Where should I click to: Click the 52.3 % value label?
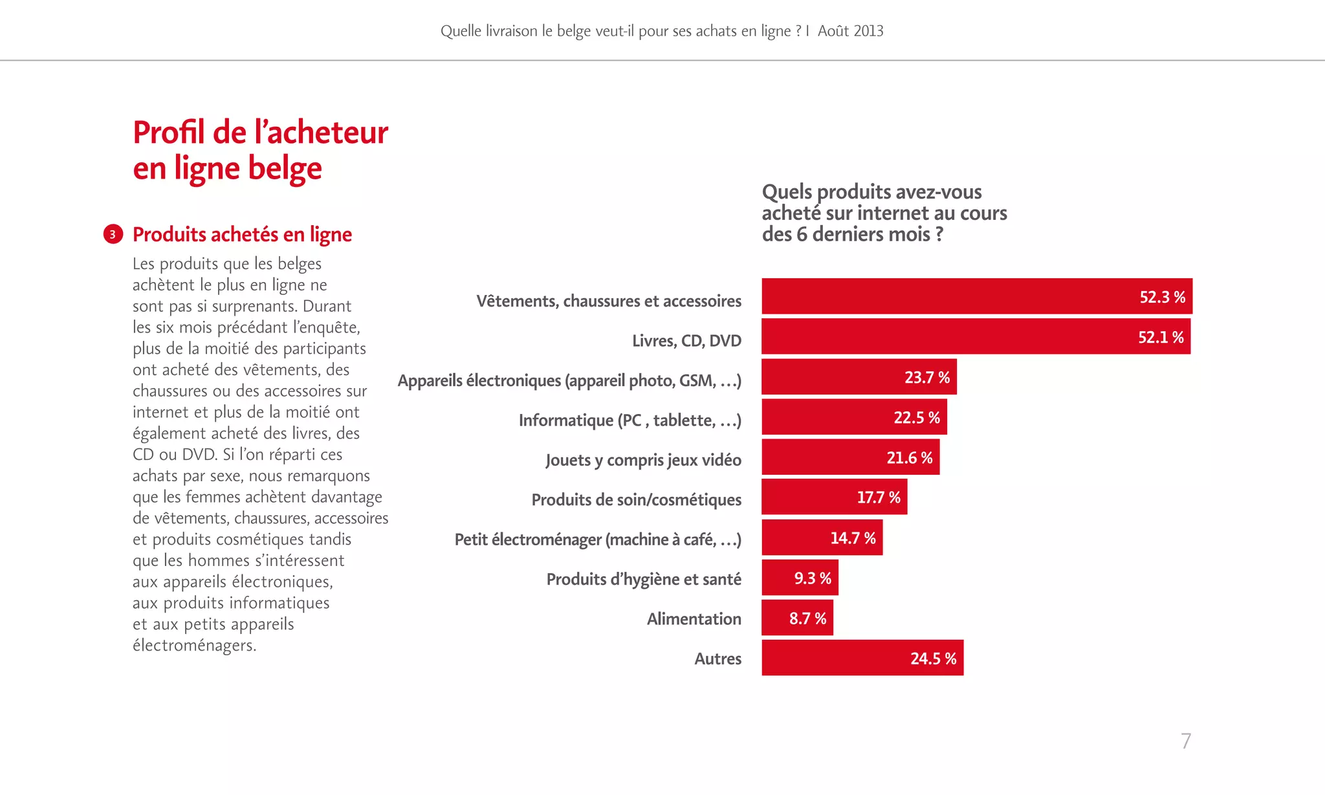coord(1162,297)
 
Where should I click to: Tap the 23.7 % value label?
coord(926,377)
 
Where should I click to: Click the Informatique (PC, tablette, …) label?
coord(630,420)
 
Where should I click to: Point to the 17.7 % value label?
coord(878,497)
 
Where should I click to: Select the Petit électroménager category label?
coord(597,539)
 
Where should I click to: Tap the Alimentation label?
coord(694,619)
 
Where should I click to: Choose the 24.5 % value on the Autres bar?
coord(933,659)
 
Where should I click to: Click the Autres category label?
coord(717,659)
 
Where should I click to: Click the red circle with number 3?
coord(113,234)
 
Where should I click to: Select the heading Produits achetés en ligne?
coord(242,234)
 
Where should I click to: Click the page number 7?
coord(1185,741)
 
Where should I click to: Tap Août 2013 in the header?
coord(850,31)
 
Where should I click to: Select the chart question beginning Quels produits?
coord(884,212)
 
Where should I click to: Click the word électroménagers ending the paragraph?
coord(194,646)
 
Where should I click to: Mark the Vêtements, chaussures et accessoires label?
coord(608,301)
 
